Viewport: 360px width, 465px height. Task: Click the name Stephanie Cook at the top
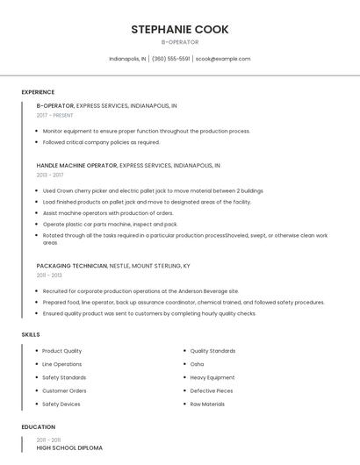tap(180, 29)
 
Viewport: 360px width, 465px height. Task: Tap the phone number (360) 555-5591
tap(170, 59)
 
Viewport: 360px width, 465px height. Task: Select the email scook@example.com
tap(223, 59)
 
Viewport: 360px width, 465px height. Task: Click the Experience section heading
tap(38, 92)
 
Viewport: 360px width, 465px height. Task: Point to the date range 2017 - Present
tap(54, 115)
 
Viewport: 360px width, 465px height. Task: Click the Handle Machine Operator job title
tap(76, 165)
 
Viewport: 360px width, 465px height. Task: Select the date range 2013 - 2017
tap(50, 175)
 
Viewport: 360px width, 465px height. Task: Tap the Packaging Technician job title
tap(71, 265)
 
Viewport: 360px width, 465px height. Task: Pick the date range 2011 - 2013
tap(49, 275)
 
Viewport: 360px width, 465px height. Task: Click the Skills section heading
tap(31, 334)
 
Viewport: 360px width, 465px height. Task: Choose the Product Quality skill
tap(61, 351)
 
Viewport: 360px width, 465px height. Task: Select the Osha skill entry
tap(197, 364)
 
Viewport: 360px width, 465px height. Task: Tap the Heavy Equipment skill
tap(212, 377)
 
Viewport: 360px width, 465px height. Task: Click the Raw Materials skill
tap(207, 404)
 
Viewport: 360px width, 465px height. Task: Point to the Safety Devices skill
tap(61, 404)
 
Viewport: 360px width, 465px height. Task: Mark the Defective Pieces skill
tap(212, 390)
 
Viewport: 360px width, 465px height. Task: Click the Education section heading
tap(38, 427)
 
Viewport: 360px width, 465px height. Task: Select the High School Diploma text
tap(69, 447)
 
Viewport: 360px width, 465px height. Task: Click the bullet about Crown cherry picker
tap(153, 190)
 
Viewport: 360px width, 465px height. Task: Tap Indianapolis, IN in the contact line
tap(127, 59)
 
